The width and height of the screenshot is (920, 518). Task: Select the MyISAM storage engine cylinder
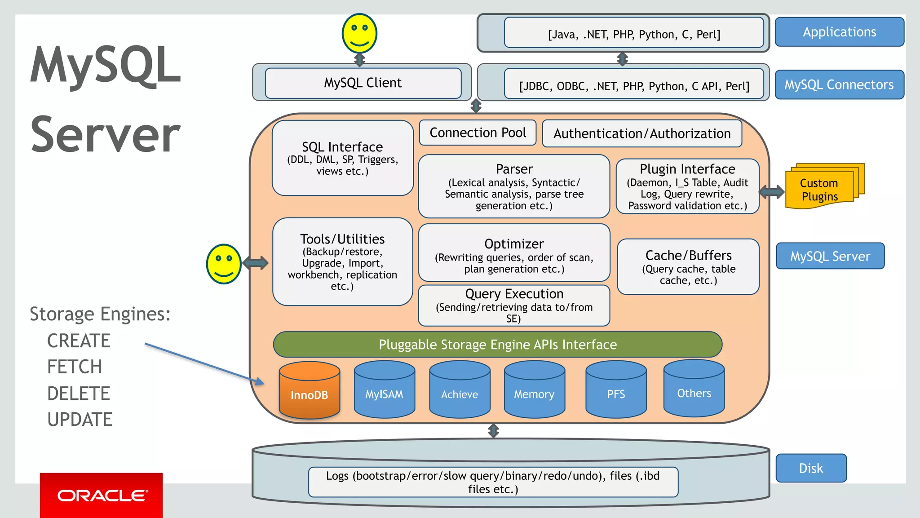(x=384, y=390)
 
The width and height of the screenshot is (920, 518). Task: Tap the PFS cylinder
(x=616, y=390)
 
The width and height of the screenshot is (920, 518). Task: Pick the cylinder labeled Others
(x=694, y=389)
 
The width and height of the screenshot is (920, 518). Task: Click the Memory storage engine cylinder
(x=534, y=390)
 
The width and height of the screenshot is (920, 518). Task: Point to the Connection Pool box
(x=478, y=133)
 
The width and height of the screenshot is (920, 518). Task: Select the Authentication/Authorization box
(x=641, y=133)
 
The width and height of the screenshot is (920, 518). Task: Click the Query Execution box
(x=514, y=305)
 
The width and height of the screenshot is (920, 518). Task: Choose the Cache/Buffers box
(x=688, y=267)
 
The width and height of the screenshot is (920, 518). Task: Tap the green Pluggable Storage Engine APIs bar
(x=497, y=345)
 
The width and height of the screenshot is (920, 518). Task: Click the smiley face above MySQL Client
(x=359, y=34)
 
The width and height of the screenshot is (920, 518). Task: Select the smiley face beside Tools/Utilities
(x=224, y=264)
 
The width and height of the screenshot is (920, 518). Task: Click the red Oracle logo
(x=102, y=495)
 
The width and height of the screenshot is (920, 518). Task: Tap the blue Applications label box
(x=839, y=32)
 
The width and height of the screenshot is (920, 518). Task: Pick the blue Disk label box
(x=811, y=468)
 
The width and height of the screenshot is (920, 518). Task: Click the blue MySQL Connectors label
(x=839, y=84)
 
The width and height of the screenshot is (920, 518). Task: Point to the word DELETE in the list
(x=79, y=394)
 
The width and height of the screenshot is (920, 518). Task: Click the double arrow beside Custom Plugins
(x=772, y=192)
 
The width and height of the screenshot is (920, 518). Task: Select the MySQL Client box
(x=363, y=83)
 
